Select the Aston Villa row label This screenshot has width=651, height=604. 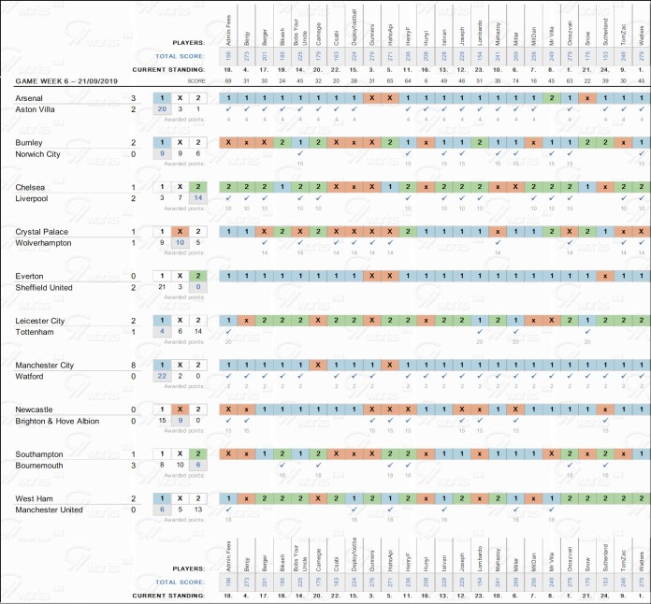[36, 109]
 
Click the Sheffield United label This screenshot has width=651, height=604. [45, 287]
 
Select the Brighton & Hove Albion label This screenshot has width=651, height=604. [58, 421]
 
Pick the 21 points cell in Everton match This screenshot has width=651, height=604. [163, 287]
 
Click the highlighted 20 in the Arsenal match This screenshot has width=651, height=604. [163, 109]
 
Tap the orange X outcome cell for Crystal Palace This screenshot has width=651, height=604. [181, 231]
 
